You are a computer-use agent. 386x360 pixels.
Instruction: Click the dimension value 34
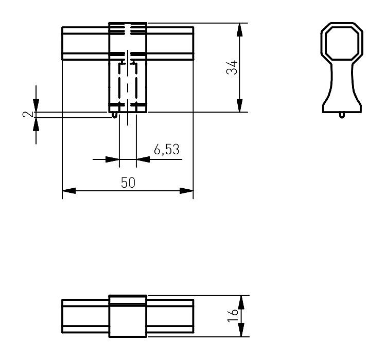coord(232,67)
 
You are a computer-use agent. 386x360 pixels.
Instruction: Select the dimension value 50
coord(128,183)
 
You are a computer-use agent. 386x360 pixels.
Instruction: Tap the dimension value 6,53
coord(167,149)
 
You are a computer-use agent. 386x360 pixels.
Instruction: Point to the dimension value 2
coord(28,114)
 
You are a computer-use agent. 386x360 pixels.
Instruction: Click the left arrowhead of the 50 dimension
coord(69,191)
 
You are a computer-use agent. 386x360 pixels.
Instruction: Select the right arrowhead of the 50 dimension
coord(187,191)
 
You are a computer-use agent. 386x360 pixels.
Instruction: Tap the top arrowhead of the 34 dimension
coord(239,30)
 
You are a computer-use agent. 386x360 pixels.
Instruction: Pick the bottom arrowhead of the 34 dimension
coord(239,105)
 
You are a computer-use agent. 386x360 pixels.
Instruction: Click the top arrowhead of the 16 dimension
coord(241,302)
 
